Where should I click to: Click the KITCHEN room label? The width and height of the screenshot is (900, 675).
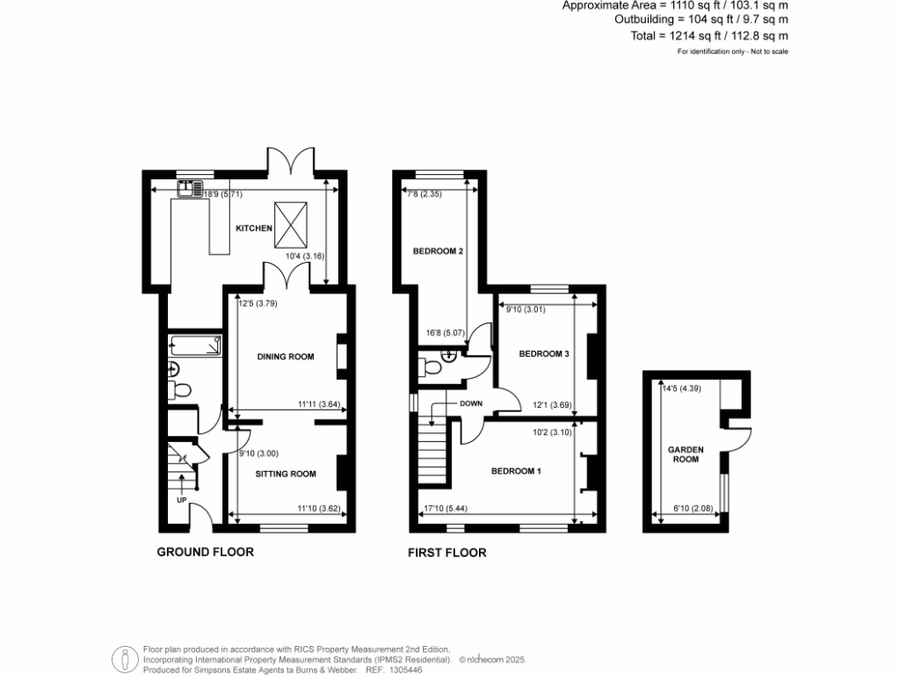click(x=253, y=229)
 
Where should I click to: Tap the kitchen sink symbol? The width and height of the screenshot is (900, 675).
click(x=190, y=187)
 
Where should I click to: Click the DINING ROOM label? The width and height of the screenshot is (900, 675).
click(x=286, y=356)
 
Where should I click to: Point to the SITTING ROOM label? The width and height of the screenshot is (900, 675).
click(x=286, y=474)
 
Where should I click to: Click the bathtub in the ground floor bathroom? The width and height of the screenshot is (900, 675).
click(x=196, y=346)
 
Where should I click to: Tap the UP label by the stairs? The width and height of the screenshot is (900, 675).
click(x=182, y=500)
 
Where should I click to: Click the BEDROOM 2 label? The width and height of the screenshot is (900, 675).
click(x=439, y=251)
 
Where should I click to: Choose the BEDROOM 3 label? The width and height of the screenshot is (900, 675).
click(x=544, y=354)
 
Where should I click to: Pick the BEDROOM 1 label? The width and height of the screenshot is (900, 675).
click(x=516, y=472)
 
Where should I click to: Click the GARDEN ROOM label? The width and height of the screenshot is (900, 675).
click(x=687, y=454)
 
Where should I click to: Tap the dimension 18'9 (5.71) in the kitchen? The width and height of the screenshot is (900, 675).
click(x=223, y=194)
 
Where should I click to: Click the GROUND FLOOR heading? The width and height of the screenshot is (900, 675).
click(x=205, y=553)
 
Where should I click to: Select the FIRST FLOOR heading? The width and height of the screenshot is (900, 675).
click(x=446, y=553)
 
